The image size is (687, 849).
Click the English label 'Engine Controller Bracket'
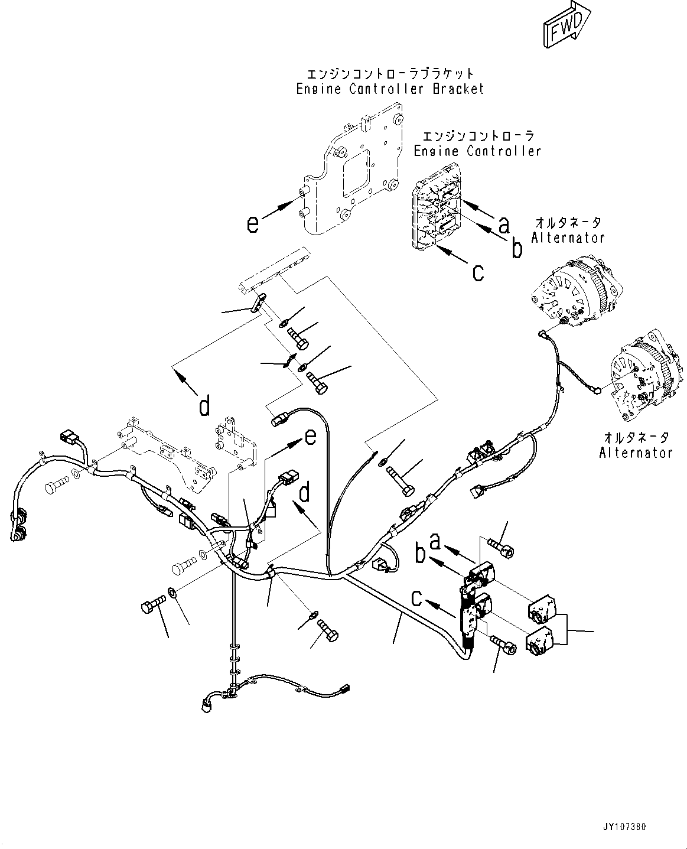point(390,89)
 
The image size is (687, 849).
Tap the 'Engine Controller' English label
point(477,151)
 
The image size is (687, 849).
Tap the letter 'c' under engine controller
point(478,272)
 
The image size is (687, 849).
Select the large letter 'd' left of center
point(204,406)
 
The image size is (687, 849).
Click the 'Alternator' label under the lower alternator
point(636,453)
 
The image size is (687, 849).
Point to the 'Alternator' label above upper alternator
point(568,238)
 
